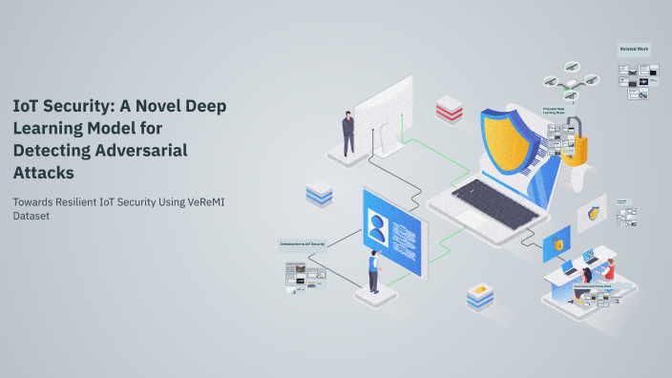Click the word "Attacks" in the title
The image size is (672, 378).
43,172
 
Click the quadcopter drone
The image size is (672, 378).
570,80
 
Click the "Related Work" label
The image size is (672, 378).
635,48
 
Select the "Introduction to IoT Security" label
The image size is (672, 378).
303,243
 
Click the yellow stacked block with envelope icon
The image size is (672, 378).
479,296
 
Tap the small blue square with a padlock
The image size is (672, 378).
556,244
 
